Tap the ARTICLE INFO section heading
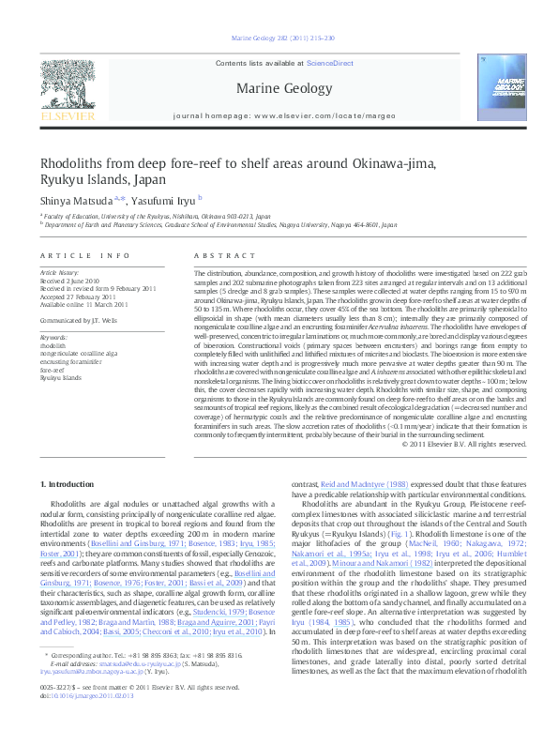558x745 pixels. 85,255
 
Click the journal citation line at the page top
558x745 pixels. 279,40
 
